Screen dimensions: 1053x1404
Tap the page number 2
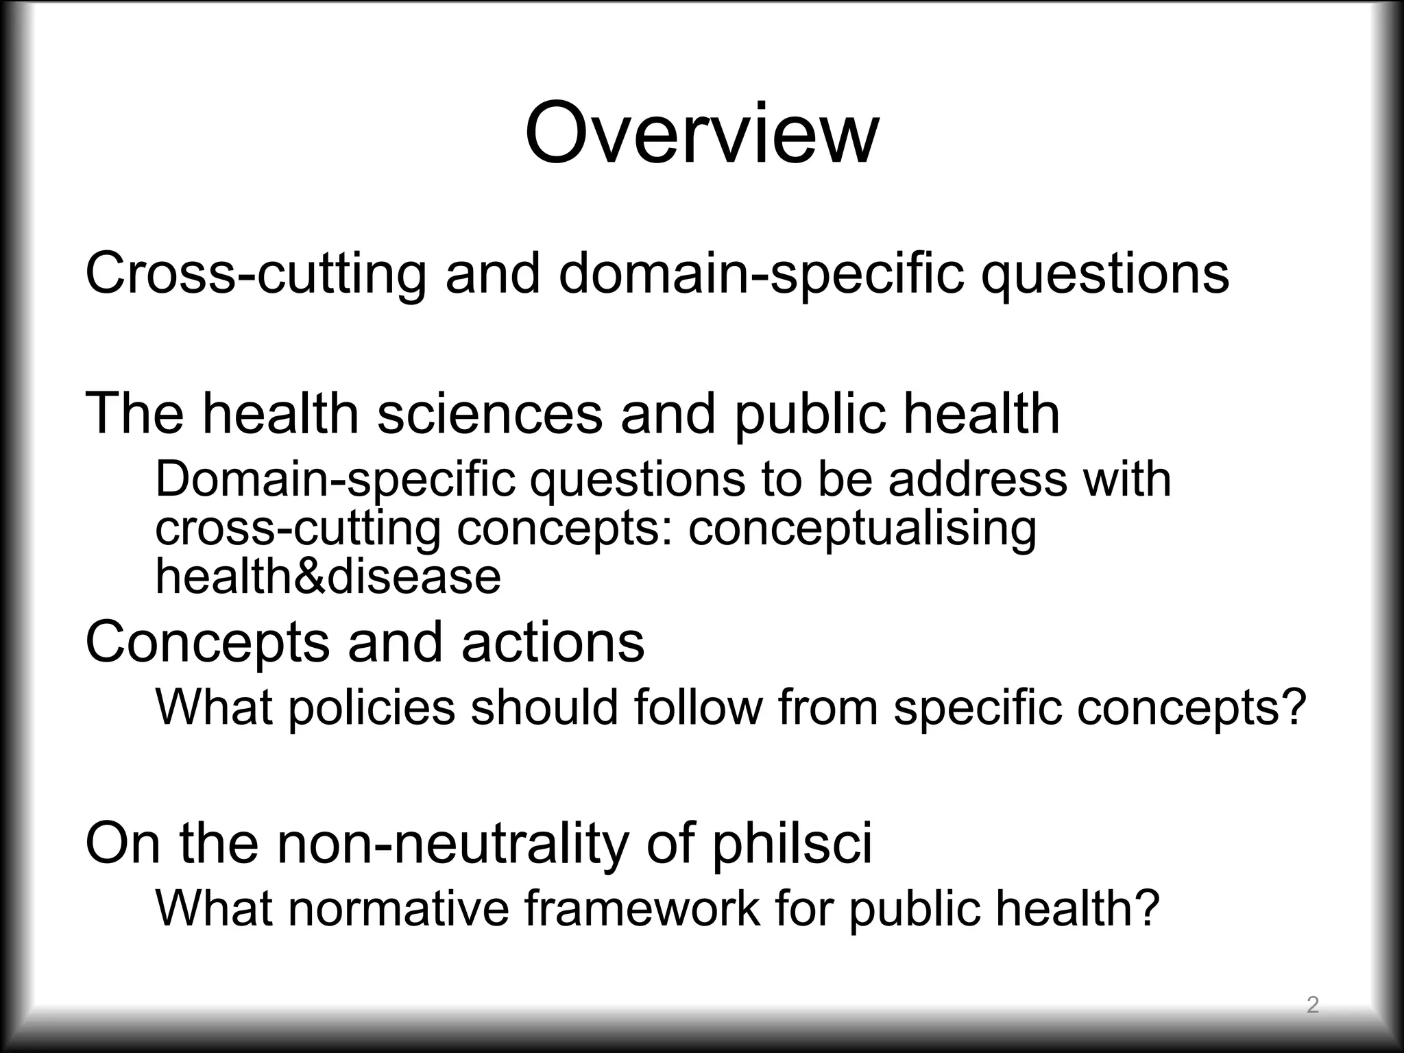pos(1312,1005)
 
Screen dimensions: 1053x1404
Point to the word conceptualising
pos(862,529)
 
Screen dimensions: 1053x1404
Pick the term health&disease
pos(328,577)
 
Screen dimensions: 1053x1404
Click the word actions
pos(553,642)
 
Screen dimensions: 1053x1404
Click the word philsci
pos(792,843)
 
